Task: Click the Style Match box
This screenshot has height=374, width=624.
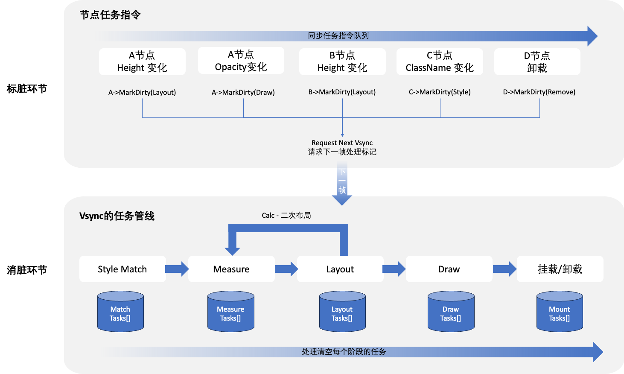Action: pos(122,269)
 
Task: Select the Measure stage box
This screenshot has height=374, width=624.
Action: pos(231,269)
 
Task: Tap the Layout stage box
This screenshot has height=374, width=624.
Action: pos(340,269)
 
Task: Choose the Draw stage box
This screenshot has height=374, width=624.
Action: pos(449,269)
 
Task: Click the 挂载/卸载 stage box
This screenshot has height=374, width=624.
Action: pos(560,269)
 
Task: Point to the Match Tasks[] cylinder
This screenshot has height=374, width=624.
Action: pos(120,312)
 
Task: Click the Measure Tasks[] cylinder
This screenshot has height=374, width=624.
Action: pos(230,312)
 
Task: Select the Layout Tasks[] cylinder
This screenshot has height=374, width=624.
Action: pos(342,312)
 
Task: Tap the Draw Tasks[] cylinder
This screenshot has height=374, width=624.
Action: pos(451,312)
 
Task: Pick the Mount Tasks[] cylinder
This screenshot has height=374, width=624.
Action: pos(560,312)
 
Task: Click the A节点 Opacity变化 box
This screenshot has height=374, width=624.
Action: pos(241,61)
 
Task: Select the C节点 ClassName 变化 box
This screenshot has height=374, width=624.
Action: pos(440,62)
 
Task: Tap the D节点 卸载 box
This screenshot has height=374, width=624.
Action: pos(537,62)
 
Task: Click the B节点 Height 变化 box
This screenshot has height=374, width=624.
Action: pos(342,62)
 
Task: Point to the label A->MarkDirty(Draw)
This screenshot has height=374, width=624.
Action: pos(243,92)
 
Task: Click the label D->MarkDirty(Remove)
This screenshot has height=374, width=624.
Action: pos(539,92)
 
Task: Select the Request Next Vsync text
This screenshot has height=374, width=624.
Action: pos(342,143)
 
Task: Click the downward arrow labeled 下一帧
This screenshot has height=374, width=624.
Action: pos(342,184)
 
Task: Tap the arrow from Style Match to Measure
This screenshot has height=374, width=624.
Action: pos(177,269)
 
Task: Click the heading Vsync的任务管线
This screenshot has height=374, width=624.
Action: pos(117,216)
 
